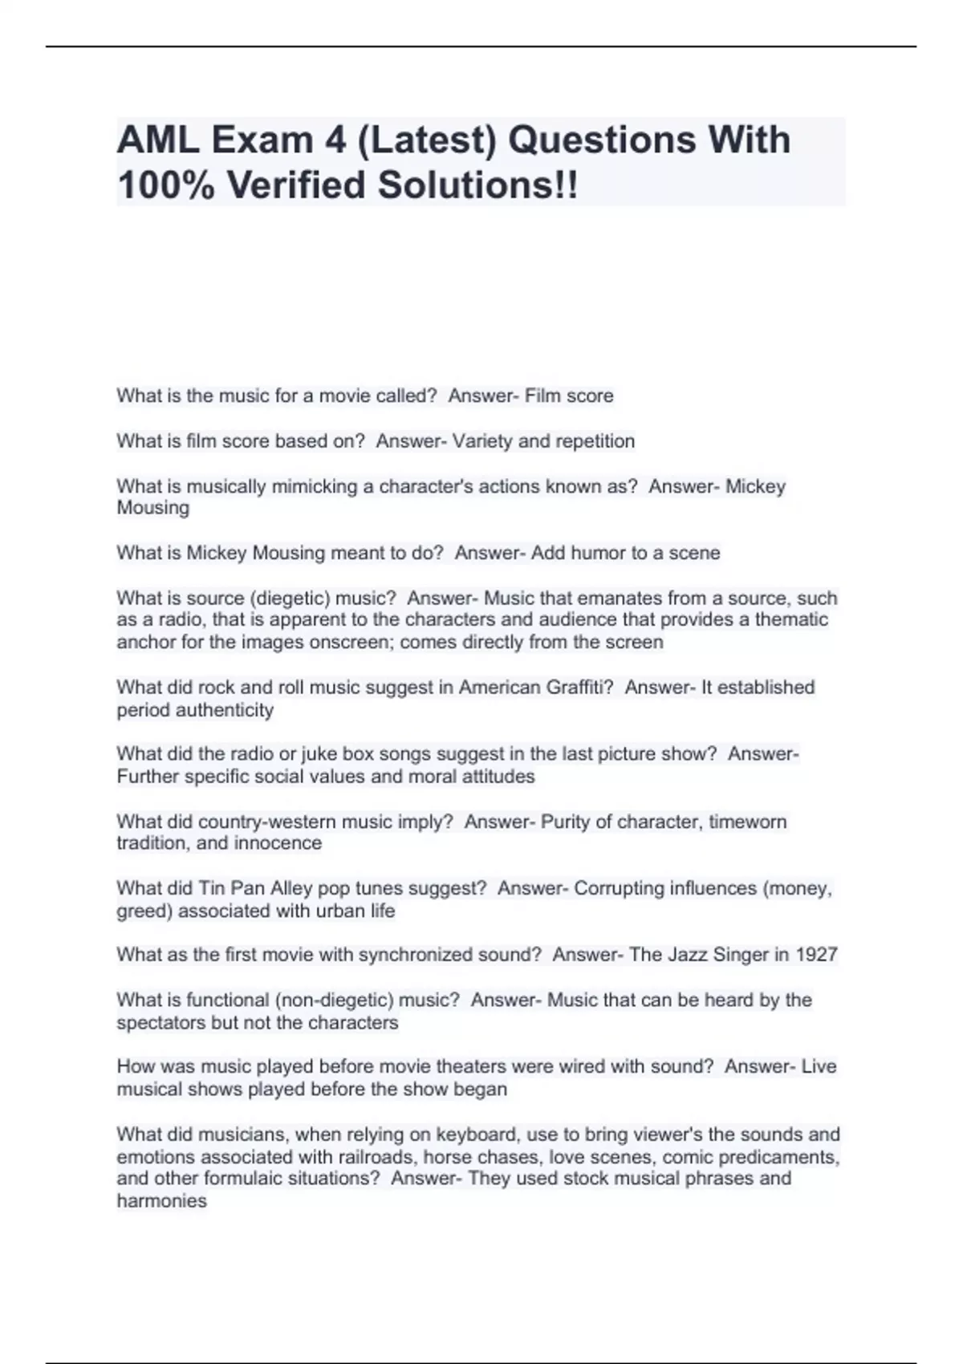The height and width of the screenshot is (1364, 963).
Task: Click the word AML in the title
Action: tap(158, 140)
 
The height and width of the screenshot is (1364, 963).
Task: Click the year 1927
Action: tap(816, 955)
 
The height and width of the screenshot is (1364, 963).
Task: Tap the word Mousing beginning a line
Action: tap(153, 508)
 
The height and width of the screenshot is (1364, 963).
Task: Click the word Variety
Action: tap(482, 441)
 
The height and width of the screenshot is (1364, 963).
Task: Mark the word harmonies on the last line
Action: tap(161, 1201)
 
